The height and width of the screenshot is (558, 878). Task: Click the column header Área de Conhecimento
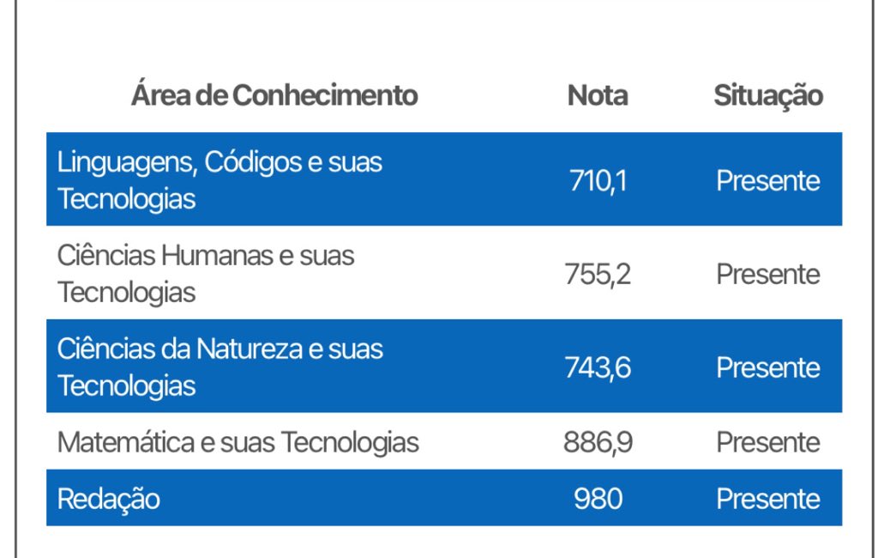274,95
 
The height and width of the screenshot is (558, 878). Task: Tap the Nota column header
598,95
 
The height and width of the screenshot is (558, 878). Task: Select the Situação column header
767,95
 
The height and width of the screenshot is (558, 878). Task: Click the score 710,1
598,180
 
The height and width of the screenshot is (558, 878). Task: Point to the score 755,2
598,274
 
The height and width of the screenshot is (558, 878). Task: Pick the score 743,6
598,367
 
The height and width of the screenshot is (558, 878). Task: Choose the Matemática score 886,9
598,442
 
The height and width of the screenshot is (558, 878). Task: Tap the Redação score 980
598,499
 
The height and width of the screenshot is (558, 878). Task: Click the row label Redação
109,499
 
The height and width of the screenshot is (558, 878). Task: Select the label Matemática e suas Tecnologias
238,442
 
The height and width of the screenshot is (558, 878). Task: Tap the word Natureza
242,349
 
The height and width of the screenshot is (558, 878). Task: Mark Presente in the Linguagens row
767,180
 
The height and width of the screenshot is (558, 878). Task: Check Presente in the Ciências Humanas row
767,274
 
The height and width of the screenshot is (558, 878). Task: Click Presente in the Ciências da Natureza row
767,367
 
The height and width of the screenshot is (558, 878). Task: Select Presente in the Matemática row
767,442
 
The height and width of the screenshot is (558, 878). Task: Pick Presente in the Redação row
767,499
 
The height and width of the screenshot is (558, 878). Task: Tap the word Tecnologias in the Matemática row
350,442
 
